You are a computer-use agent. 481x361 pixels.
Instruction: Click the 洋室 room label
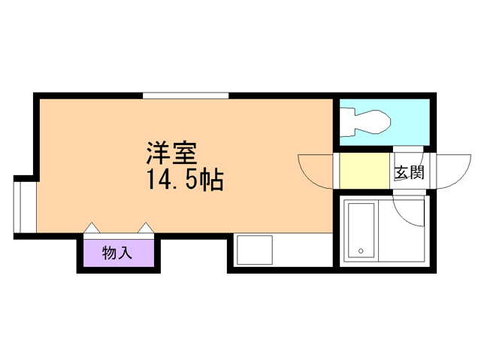171,153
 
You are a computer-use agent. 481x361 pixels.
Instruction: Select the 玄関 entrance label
409,172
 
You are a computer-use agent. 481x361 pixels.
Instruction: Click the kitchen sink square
254,249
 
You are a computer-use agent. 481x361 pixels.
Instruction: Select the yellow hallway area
362,171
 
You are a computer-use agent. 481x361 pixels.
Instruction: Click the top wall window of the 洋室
186,95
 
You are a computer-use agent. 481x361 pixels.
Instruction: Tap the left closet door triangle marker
91,227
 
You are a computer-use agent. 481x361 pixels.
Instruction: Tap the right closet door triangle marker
145,227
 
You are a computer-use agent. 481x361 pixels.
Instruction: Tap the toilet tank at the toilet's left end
346,121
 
